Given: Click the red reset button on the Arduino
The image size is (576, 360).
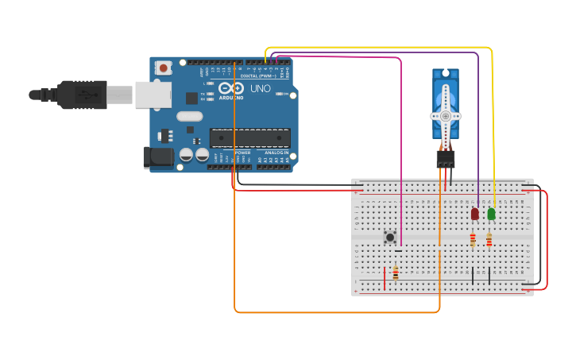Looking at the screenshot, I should tap(163, 68).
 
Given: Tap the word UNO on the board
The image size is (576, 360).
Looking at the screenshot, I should tap(261, 88).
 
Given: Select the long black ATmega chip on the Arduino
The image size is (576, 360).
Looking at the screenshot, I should tap(249, 137).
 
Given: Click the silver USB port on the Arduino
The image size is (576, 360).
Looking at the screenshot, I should tap(153, 95).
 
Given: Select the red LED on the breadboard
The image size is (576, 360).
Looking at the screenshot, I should tap(475, 214).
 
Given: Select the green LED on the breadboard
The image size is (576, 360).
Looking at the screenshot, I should tap(491, 214).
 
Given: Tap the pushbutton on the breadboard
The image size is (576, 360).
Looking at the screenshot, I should tap(390, 237).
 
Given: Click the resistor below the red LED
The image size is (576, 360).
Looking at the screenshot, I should tap(473, 239).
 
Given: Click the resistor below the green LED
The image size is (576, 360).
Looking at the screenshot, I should tap(489, 239).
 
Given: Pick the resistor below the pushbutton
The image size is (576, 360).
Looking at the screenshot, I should tap(396, 273).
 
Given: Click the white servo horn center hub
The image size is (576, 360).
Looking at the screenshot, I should tap(446, 116).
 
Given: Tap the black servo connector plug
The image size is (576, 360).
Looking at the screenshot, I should tap(446, 159).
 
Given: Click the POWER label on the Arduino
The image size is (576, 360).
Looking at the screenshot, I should tap(243, 153).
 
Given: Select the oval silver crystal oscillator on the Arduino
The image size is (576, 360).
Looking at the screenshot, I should tap(190, 117).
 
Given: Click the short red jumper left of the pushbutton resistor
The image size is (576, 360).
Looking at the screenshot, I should tap(385, 278).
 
